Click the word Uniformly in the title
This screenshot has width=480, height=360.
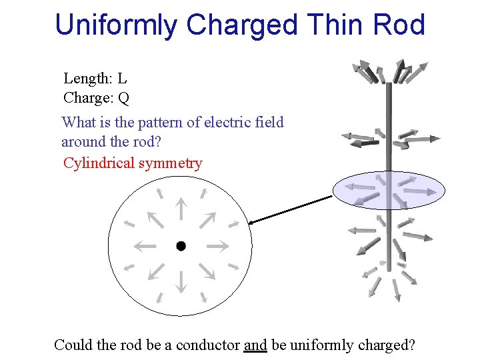pyautogui.click(x=117, y=25)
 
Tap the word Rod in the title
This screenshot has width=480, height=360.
pyautogui.click(x=399, y=25)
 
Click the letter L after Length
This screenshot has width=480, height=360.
pyautogui.click(x=123, y=79)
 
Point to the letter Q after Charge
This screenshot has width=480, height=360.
pyautogui.click(x=123, y=99)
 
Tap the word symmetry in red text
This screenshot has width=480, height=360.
pyautogui.click(x=170, y=163)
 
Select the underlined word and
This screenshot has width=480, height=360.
pyautogui.click(x=255, y=345)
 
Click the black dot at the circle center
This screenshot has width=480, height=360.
pyautogui.click(x=181, y=246)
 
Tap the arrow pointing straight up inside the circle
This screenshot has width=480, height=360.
pyautogui.click(x=181, y=209)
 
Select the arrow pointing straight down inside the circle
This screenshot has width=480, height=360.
pyautogui.click(x=181, y=283)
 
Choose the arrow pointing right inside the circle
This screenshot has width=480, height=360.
pyautogui.click(x=217, y=246)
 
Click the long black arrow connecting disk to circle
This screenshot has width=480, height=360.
pyautogui.click(x=290, y=210)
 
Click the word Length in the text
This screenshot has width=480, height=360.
pyautogui.click(x=87, y=79)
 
